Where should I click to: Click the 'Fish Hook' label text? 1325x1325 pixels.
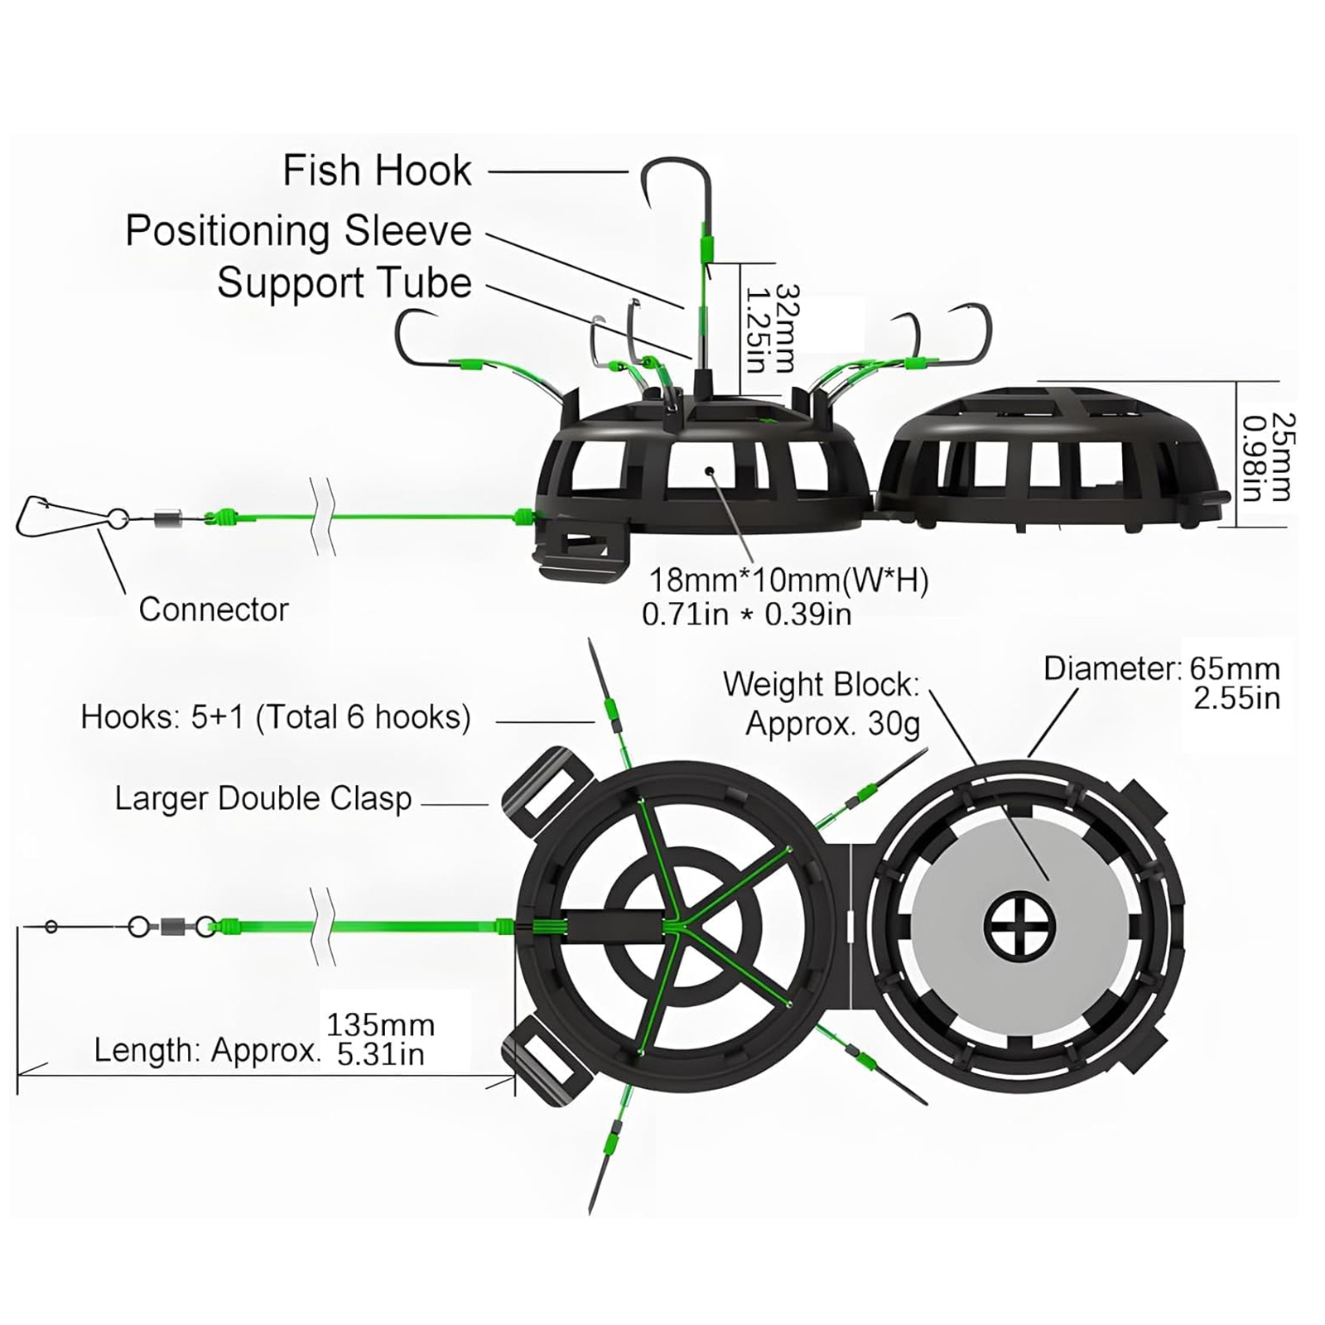pos(377,171)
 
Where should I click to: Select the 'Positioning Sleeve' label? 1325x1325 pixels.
pos(298,230)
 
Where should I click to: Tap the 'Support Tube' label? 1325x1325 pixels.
pos(344,283)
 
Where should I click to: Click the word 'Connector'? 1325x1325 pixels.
pos(214,609)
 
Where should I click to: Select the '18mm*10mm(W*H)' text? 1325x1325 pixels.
pos(788,581)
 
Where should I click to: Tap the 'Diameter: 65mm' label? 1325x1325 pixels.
pos(1161,668)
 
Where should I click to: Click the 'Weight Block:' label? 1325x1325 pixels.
pos(821,685)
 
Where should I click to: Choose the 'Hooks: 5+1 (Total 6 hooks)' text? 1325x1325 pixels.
pos(276,717)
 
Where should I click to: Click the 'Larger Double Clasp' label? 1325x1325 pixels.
pos(263,799)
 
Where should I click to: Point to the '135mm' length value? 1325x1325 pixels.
pos(380,1025)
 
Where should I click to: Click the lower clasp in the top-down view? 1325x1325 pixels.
pos(547,1067)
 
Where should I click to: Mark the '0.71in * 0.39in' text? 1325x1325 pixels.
pos(746,614)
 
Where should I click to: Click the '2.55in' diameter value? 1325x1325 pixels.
pos(1236,698)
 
